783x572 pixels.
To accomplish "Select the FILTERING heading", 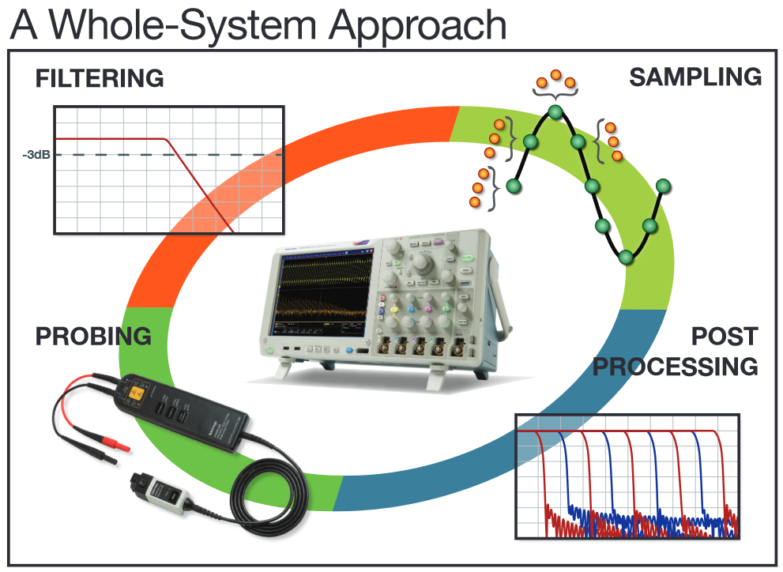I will point(100,79).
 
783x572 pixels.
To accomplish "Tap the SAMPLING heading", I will point(695,77).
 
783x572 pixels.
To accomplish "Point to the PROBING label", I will point(93,337).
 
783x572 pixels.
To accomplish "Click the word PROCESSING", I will point(676,367).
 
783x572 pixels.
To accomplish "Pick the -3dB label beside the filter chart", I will point(36,155).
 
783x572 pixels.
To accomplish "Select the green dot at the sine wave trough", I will point(627,257).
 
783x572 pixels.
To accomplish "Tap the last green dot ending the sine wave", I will point(663,186).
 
